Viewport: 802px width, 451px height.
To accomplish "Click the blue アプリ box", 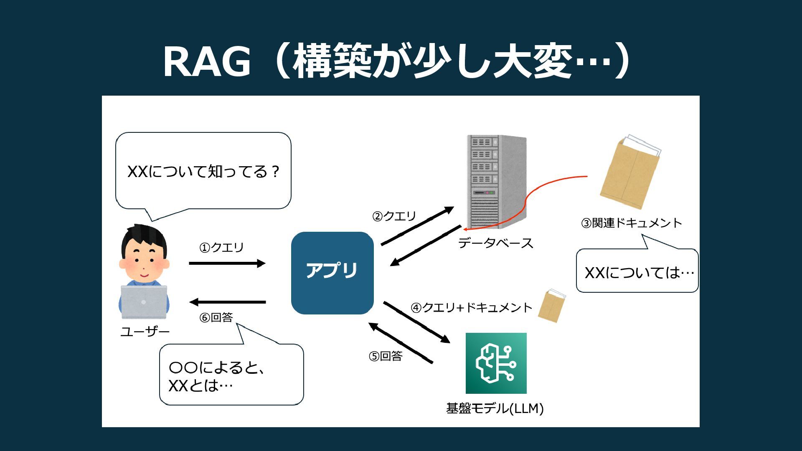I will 332,272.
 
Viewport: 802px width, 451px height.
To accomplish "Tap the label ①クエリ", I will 221,248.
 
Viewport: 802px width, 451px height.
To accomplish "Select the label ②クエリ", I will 394,216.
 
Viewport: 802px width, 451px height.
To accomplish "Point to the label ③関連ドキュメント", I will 632,223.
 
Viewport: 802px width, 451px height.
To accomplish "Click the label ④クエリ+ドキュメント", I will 472,308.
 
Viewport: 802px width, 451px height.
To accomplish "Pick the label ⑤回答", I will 386,356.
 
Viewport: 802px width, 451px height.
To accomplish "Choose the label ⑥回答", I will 216,318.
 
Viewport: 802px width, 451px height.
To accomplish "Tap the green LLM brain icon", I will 496,363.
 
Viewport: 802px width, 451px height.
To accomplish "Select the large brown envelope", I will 630,173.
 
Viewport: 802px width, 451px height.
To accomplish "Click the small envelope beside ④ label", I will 551,306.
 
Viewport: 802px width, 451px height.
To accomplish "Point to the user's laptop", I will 144,302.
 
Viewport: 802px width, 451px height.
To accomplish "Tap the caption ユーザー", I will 145,332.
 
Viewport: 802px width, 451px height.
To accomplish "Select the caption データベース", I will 495,243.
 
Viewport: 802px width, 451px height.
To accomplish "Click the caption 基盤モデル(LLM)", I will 495,408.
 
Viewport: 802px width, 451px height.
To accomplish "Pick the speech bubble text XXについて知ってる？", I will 203,172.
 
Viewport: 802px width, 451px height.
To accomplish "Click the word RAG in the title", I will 207,62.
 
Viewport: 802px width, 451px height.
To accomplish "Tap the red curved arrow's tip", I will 464,229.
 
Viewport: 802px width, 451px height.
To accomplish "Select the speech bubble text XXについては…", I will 639,273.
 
